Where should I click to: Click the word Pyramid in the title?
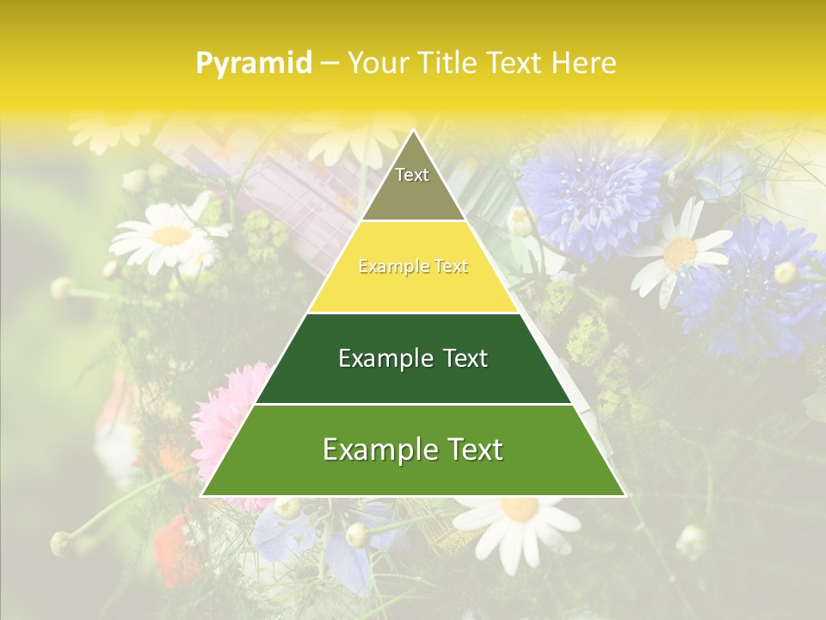coord(253,64)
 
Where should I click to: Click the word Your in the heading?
coord(378,63)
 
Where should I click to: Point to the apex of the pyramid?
coord(413,131)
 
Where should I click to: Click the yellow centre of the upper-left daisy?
coord(171,235)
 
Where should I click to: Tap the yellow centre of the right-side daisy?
coord(681,251)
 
